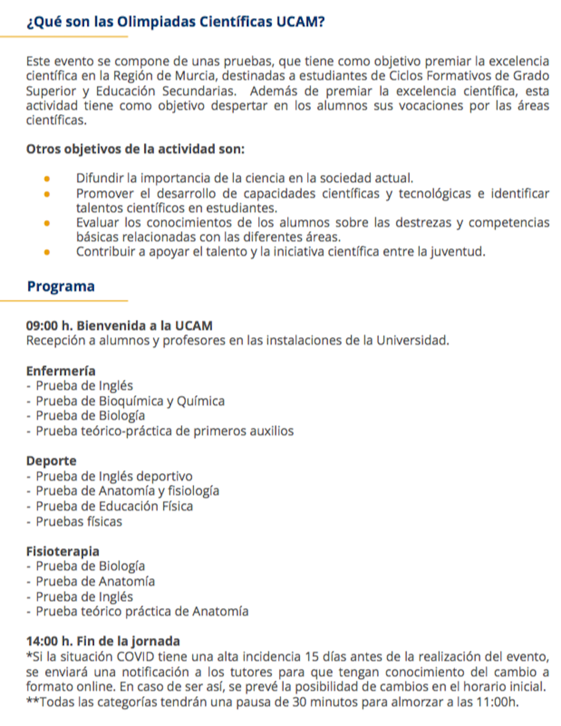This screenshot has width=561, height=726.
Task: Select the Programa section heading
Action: [61, 287]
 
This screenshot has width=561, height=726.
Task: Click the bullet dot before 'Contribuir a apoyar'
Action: [47, 252]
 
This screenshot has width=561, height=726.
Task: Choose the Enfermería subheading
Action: [61, 371]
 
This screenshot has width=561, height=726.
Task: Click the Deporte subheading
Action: [52, 462]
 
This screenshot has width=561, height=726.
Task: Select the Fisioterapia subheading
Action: [63, 552]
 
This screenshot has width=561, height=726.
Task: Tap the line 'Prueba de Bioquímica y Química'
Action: [130, 401]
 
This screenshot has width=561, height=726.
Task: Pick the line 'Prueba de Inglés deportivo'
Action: [114, 477]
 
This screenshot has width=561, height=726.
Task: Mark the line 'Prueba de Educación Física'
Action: [114, 507]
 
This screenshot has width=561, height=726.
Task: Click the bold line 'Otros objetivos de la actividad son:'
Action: [135, 150]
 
